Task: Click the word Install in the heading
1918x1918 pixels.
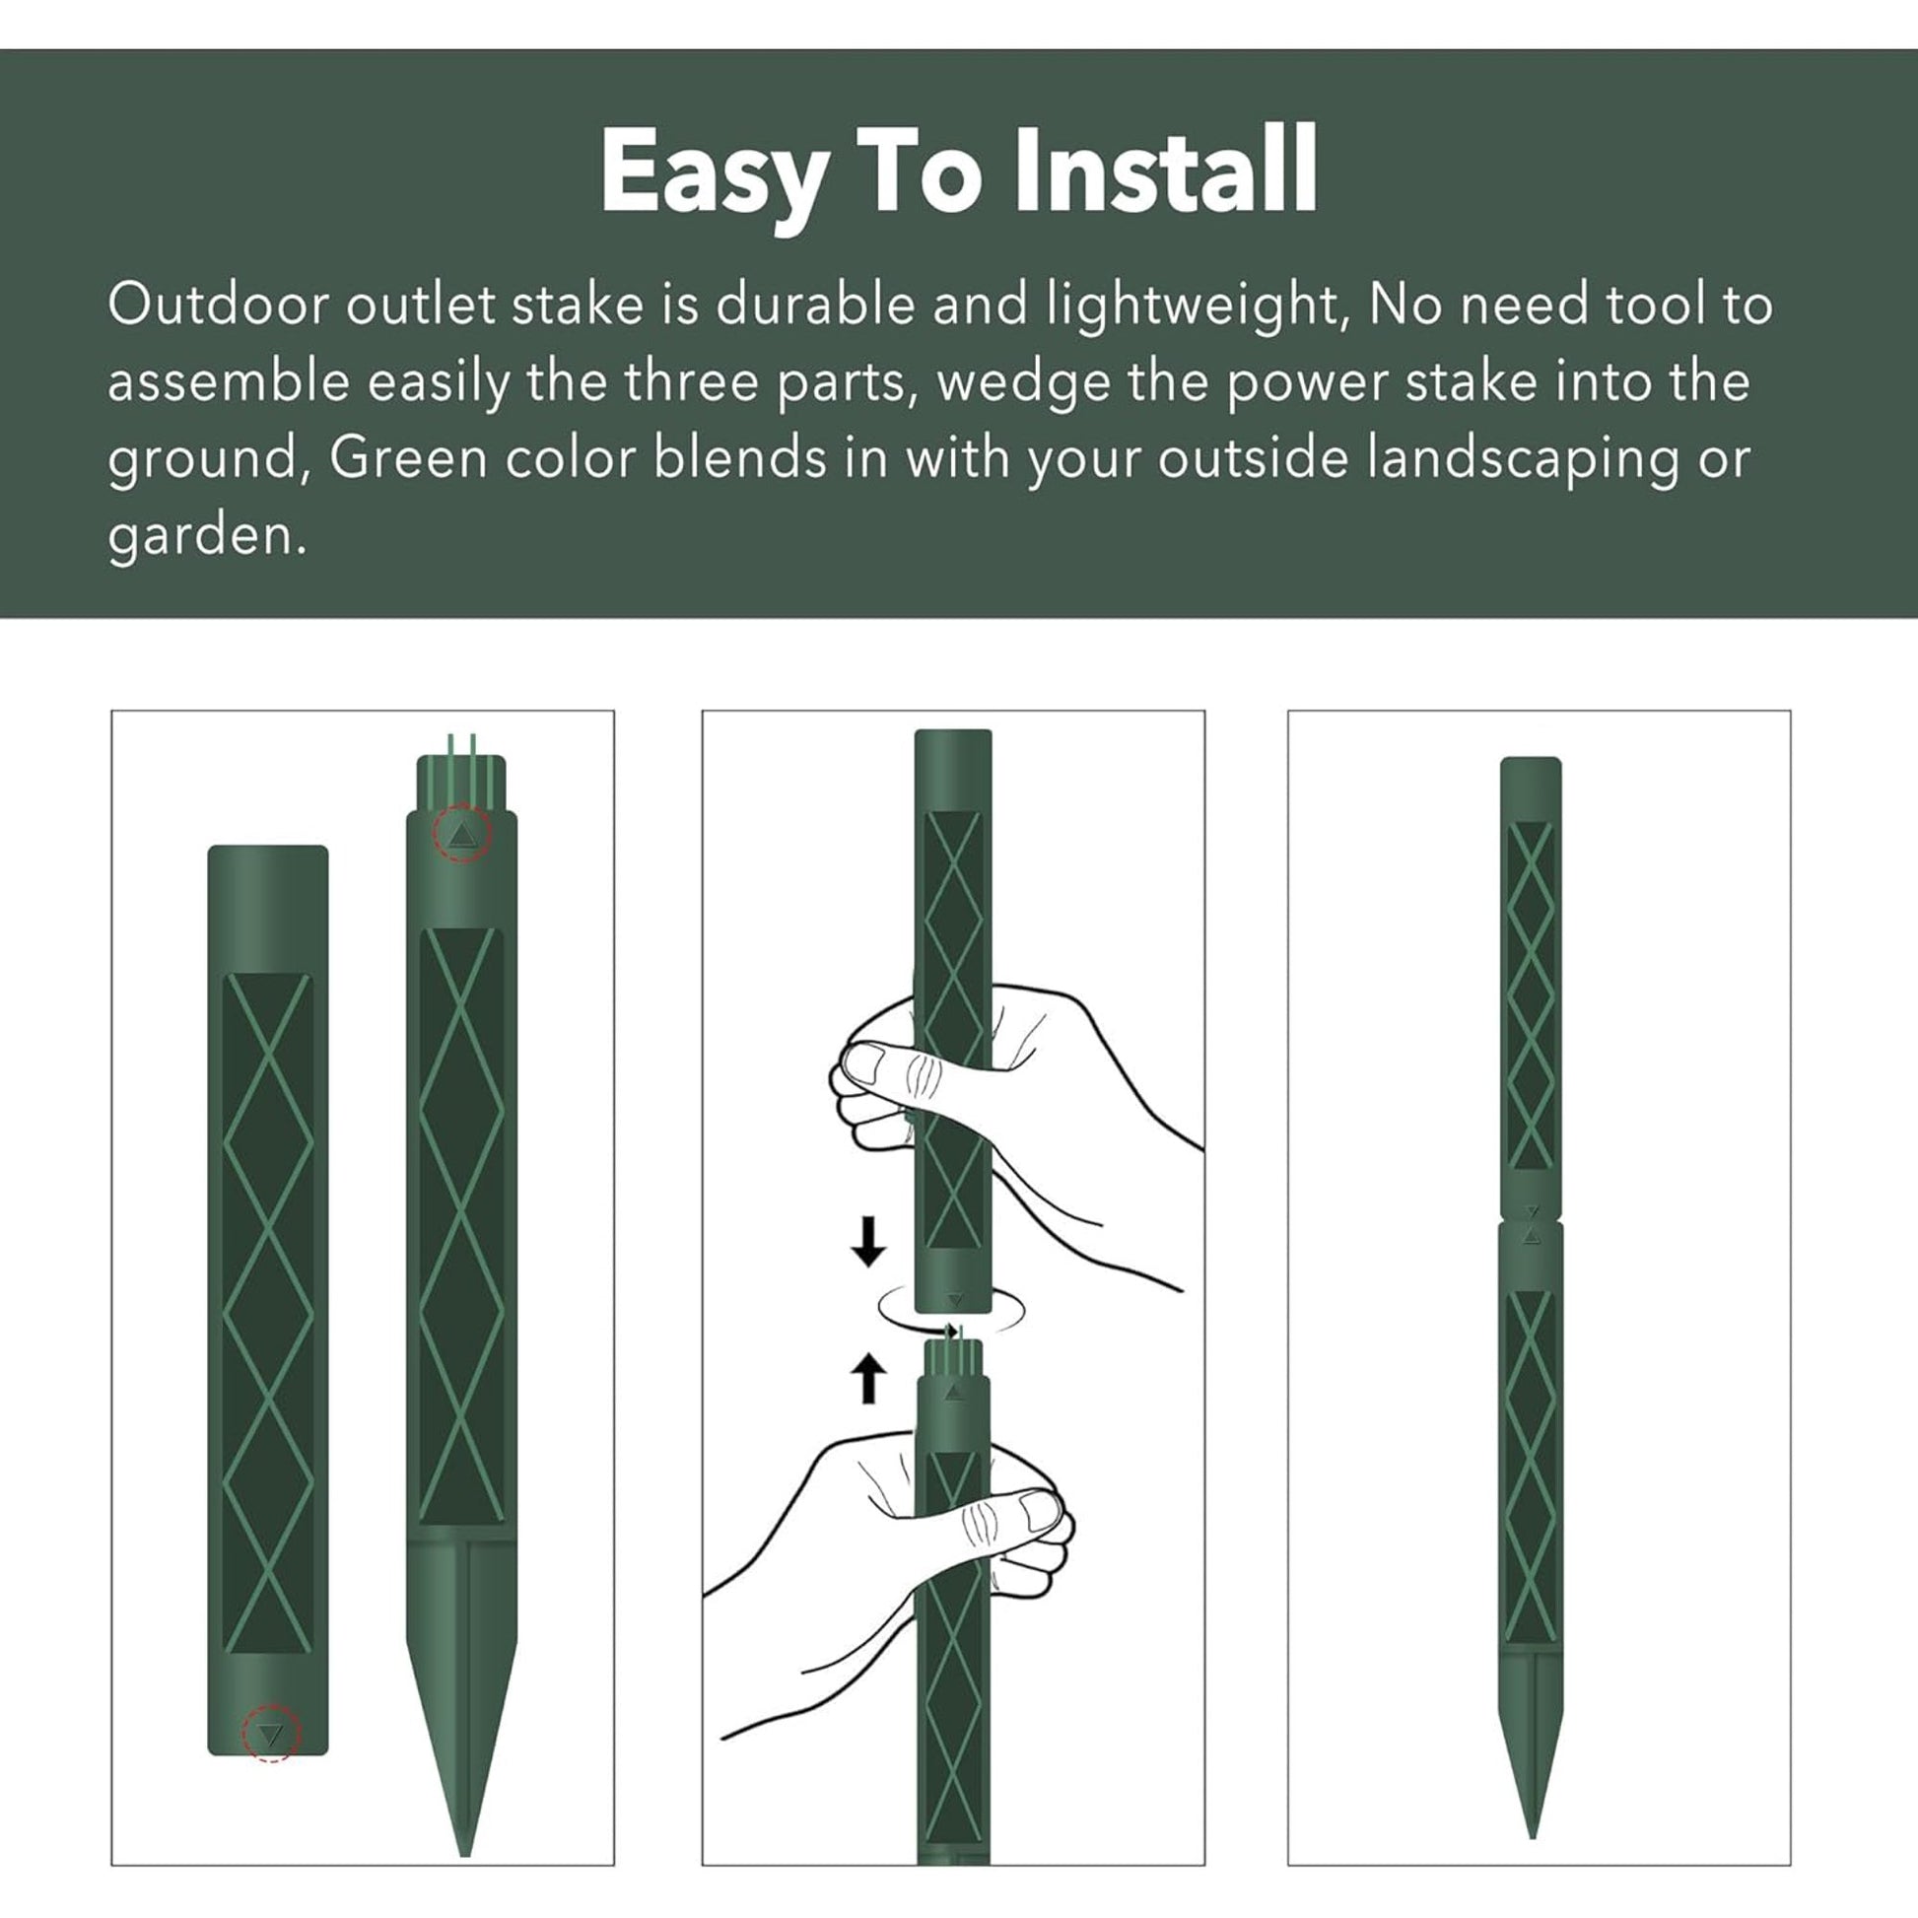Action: tap(1166, 170)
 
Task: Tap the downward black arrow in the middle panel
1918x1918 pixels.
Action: tap(868, 1243)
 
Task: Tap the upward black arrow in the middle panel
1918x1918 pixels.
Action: tap(868, 1378)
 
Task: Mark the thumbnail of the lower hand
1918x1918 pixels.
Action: tap(1041, 1511)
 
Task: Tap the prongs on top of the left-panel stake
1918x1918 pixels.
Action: tap(460, 755)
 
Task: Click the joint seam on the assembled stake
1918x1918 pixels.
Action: tap(1531, 1221)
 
